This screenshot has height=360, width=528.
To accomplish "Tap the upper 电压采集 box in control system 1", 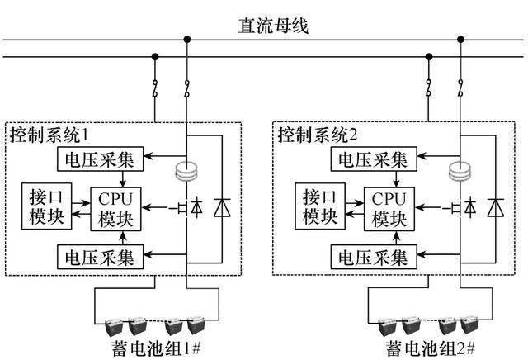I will [x=100, y=157].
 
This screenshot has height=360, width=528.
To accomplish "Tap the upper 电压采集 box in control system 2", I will [x=369, y=157].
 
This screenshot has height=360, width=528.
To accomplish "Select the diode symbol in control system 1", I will [x=221, y=207].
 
